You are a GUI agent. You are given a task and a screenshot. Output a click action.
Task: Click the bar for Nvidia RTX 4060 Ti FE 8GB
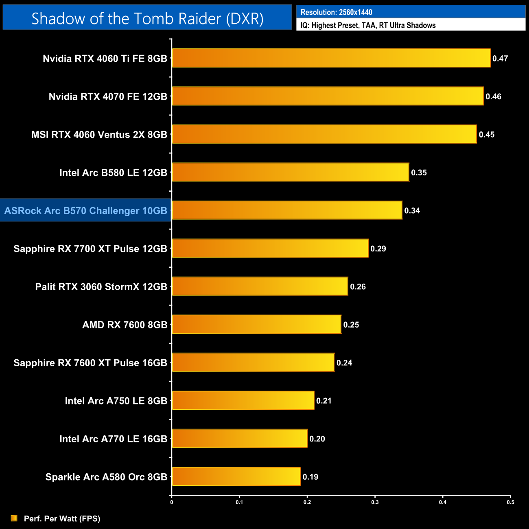(x=331, y=58)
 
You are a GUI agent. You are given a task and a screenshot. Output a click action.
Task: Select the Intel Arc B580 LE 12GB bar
(x=290, y=172)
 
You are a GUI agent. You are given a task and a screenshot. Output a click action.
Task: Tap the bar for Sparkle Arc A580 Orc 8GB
(x=236, y=477)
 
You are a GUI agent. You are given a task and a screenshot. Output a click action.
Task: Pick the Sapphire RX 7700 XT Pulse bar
(x=270, y=248)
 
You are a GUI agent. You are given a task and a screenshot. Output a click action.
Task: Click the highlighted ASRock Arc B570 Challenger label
(x=86, y=210)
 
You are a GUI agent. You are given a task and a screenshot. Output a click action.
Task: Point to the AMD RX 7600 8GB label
(x=125, y=325)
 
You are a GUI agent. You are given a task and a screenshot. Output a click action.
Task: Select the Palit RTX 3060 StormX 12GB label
(x=101, y=286)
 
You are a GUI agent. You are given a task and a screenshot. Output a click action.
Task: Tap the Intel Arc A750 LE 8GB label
(x=116, y=401)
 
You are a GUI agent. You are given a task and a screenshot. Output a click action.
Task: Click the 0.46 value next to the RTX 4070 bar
(x=493, y=96)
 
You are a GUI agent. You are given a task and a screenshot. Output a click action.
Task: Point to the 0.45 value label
(x=487, y=134)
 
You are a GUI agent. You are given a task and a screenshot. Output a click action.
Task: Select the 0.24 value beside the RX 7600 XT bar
(x=344, y=363)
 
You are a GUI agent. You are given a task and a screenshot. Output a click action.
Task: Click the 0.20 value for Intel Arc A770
(x=317, y=439)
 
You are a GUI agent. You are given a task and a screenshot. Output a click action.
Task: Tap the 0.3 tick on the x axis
(x=375, y=502)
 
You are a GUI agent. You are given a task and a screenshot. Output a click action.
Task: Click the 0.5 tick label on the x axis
(x=510, y=502)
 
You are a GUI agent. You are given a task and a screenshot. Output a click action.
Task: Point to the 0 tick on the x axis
(x=172, y=502)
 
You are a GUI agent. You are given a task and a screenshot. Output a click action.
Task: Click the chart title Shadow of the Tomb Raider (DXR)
(x=147, y=19)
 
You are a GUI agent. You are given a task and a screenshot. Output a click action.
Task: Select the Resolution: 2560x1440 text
(x=336, y=12)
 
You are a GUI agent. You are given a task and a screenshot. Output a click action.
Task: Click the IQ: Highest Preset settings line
(x=368, y=25)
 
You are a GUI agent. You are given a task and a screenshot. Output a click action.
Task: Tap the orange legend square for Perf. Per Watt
(x=14, y=518)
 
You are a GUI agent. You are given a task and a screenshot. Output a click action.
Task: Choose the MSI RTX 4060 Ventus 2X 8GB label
(x=99, y=134)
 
